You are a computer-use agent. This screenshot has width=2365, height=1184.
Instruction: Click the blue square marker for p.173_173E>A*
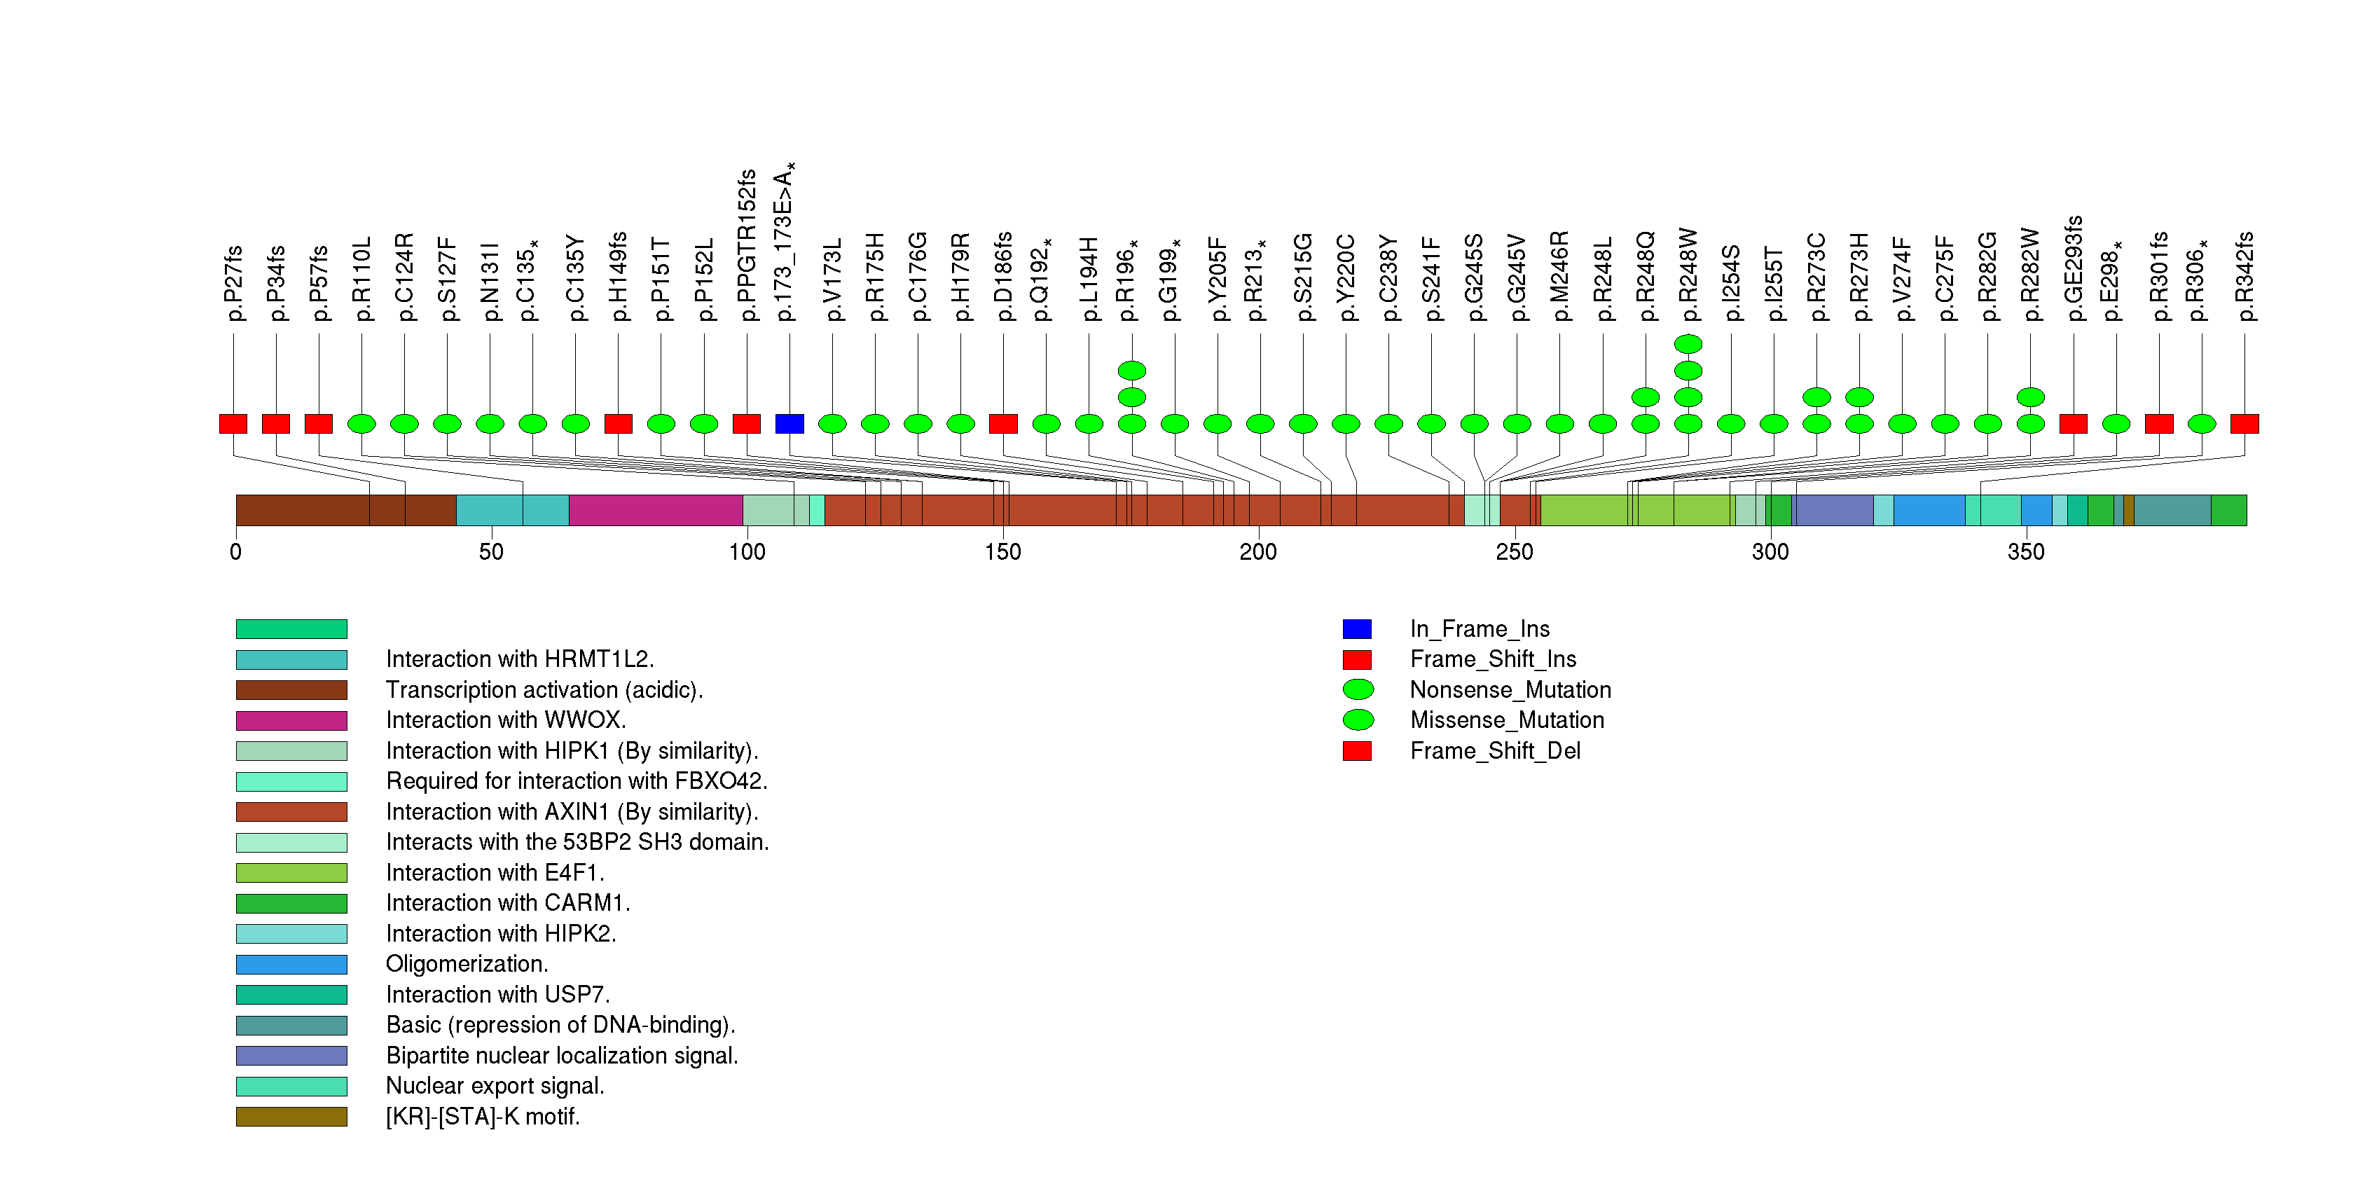coord(790,423)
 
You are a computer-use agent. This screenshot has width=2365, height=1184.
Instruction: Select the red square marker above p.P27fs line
coord(233,423)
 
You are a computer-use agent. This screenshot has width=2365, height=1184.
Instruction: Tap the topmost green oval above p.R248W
coord(1688,344)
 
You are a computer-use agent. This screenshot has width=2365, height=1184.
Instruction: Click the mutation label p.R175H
coord(875,277)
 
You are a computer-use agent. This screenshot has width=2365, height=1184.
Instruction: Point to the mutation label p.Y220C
coord(1346,277)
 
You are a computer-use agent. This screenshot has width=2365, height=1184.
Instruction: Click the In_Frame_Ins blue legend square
coord(1357,628)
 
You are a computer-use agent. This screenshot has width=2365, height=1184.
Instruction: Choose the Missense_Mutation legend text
coord(1508,720)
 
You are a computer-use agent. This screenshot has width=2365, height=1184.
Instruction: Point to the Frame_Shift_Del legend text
coord(1496,751)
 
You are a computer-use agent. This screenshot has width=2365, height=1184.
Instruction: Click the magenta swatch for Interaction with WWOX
coord(291,720)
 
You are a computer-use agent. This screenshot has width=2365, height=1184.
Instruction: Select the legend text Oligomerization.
coord(467,965)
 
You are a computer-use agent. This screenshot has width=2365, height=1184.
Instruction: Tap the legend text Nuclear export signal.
coord(495,1086)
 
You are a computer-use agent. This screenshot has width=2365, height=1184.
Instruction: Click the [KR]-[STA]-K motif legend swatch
coord(291,1117)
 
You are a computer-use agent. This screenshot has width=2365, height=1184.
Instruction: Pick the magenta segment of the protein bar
coord(656,510)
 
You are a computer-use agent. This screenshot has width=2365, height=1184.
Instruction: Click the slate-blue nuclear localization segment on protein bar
coord(1834,510)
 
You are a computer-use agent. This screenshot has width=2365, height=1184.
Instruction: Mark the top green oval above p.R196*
coord(1132,371)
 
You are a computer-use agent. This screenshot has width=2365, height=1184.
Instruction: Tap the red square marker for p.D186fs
coord(1003,423)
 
